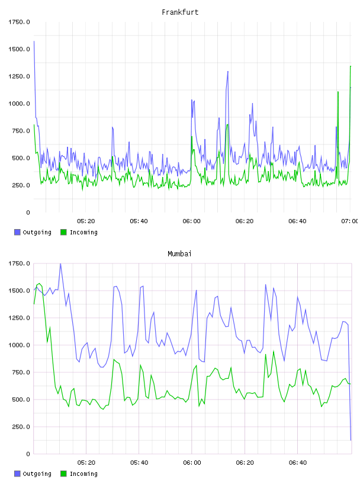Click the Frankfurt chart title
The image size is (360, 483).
click(180, 12)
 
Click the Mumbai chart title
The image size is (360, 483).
click(179, 254)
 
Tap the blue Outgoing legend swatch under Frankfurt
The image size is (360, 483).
click(17, 232)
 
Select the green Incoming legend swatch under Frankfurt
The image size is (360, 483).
click(63, 232)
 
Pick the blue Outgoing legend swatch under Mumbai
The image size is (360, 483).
click(17, 474)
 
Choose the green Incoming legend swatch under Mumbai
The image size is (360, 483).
click(63, 474)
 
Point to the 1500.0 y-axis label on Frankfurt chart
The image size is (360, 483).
click(19, 49)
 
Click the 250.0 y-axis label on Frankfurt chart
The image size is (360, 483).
click(21, 185)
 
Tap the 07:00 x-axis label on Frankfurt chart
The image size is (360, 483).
click(350, 221)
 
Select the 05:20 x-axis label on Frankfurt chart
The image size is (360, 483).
click(86, 221)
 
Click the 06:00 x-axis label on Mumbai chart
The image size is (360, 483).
click(192, 463)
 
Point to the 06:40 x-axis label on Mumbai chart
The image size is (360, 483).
click(298, 463)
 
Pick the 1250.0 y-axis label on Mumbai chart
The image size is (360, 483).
click(19, 318)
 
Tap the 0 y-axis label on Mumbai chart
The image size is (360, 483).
click(28, 454)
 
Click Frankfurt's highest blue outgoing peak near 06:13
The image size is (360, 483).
click(228, 72)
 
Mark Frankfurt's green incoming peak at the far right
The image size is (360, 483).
click(351, 66)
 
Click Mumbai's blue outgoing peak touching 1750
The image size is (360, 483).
click(60, 264)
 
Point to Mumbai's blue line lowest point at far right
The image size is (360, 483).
click(351, 440)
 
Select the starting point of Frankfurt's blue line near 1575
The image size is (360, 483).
click(34, 41)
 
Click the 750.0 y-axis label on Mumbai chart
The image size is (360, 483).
click(21, 372)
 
